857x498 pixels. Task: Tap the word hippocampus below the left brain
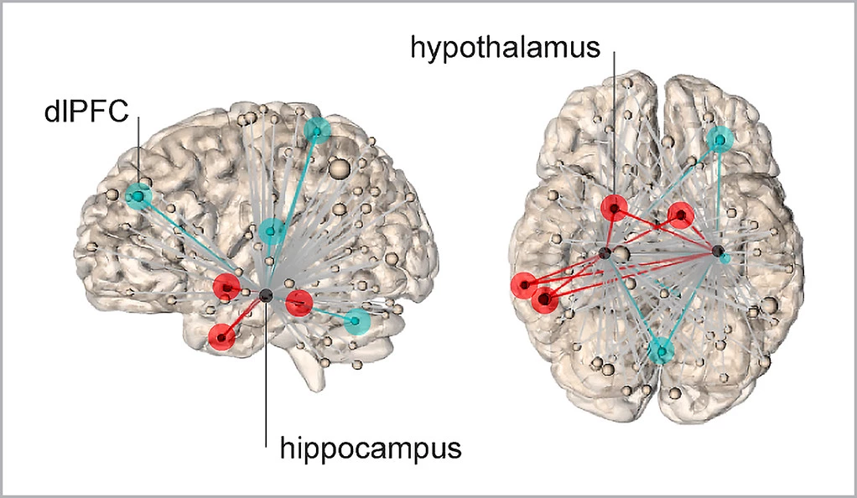click(371, 447)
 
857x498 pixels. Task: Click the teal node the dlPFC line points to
click(138, 196)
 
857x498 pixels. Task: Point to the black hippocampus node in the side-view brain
click(266, 294)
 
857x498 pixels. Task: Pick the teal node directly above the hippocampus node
click(271, 230)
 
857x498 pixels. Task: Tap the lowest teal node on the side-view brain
click(358, 320)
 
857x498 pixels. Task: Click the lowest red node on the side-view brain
click(221, 336)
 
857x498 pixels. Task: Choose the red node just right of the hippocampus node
click(299, 302)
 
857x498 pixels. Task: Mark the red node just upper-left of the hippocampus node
click(226, 286)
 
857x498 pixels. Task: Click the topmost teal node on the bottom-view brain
click(719, 139)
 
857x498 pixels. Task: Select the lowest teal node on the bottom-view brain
click(662, 350)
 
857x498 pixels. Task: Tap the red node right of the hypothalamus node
click(680, 215)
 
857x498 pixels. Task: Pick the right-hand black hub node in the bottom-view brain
click(717, 251)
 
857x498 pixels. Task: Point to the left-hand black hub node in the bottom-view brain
click(604, 252)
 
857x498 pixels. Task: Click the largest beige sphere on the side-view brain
click(340, 169)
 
